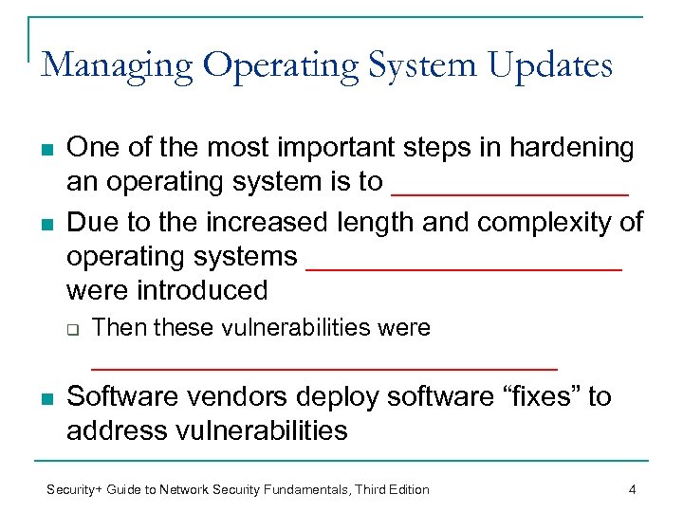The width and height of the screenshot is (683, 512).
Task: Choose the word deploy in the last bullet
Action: [352, 397]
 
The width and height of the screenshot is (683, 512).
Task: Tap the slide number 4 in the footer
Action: [631, 489]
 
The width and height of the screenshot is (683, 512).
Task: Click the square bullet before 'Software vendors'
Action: [46, 396]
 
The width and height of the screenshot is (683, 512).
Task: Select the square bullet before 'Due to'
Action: [46, 223]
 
